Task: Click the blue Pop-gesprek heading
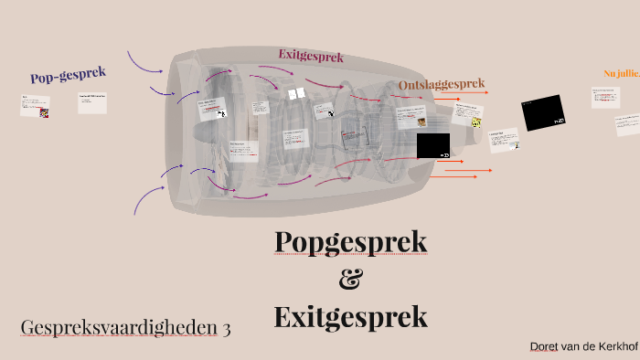[x=69, y=76]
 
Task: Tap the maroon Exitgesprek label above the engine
[x=311, y=56]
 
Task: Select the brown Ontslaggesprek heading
[x=441, y=85]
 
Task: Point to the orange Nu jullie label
[x=622, y=73]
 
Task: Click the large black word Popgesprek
[x=351, y=243]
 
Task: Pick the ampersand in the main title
[x=350, y=280]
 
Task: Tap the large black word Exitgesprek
[x=350, y=317]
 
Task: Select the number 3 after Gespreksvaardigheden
[x=225, y=327]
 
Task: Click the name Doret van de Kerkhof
[x=583, y=347]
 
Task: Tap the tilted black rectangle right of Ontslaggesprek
[x=543, y=112]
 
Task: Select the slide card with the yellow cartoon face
[x=467, y=116]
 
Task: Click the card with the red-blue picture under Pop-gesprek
[x=36, y=106]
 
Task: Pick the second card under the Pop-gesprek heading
[x=93, y=102]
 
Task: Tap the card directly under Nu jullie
[x=605, y=97]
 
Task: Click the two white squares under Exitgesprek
[x=296, y=94]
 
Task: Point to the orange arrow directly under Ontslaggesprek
[x=447, y=98]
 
